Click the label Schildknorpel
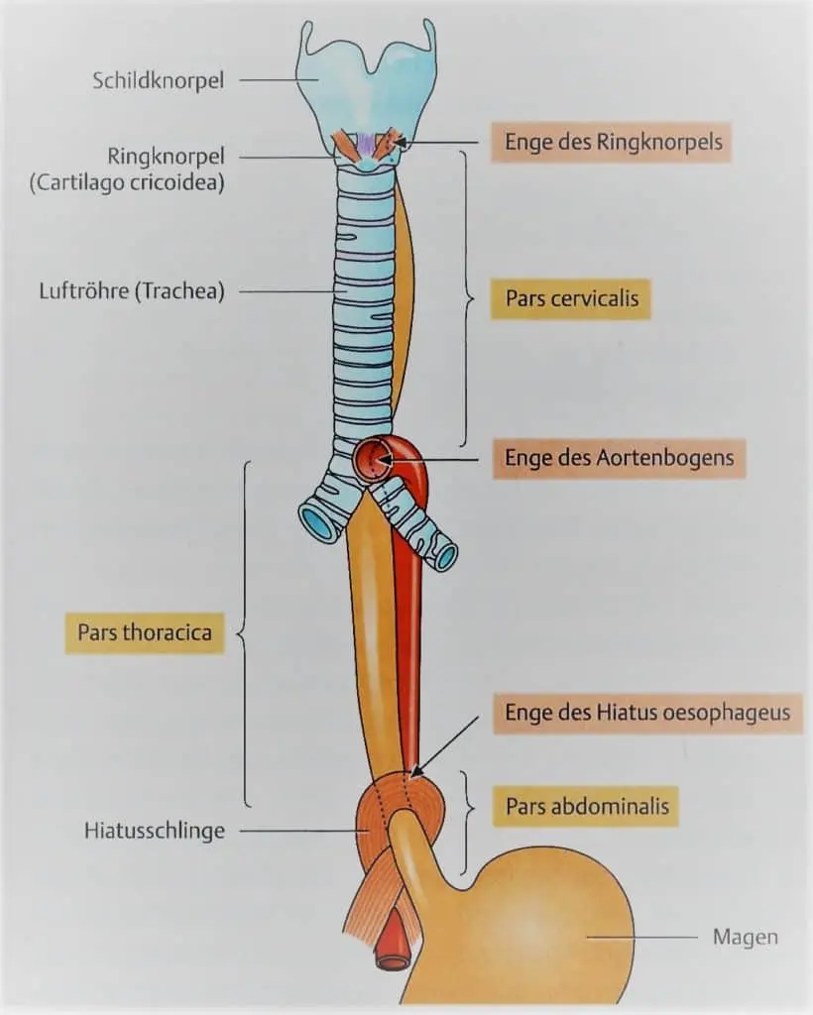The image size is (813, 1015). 159,80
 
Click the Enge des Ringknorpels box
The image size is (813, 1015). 611,143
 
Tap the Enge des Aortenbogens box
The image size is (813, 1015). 619,459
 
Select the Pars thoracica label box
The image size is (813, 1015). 145,632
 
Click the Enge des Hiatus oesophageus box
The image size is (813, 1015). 646,713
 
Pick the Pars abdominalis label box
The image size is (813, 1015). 587,807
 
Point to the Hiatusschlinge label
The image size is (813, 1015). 154,831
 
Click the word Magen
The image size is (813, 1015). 745,937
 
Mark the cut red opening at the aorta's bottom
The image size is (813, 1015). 394,959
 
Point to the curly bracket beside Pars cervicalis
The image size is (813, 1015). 464,297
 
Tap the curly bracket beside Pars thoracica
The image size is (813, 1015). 244,632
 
